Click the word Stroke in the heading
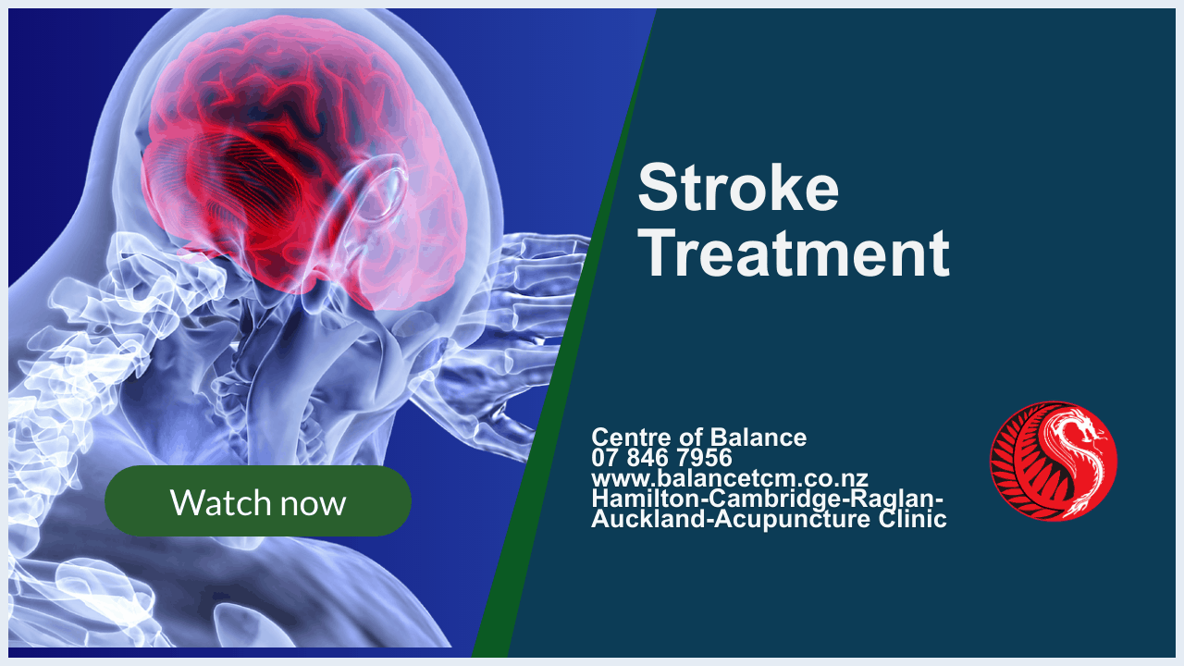click(738, 187)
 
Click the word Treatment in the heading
click(794, 253)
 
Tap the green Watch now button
click(258, 501)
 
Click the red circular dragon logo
click(1054, 462)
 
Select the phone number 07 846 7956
click(661, 458)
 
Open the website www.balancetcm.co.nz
click(730, 478)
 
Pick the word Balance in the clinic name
click(758, 438)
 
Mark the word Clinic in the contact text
click(913, 519)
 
